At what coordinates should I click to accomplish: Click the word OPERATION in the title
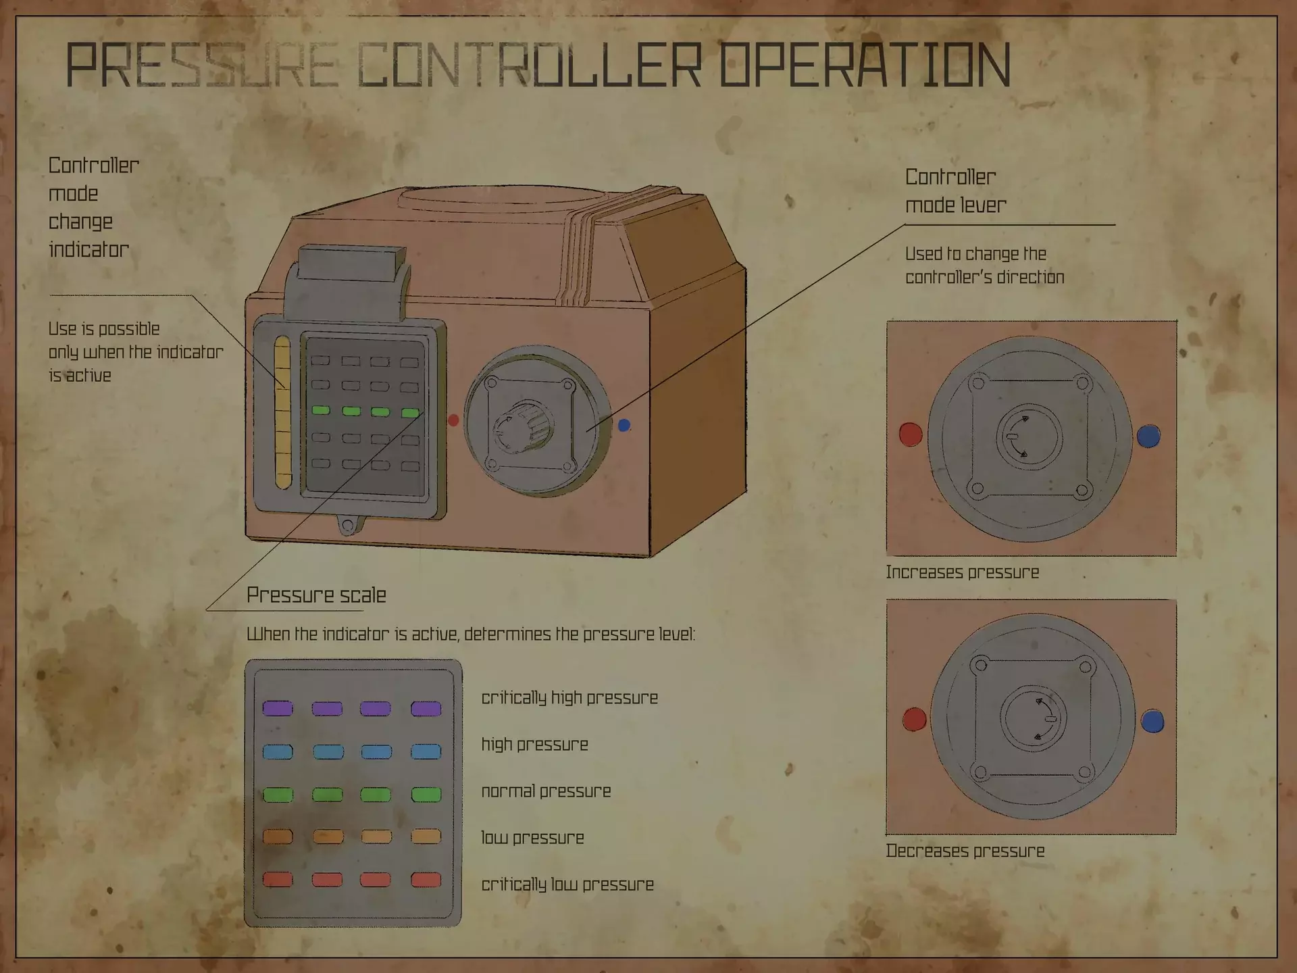[864, 65]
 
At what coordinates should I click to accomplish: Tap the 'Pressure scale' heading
[316, 595]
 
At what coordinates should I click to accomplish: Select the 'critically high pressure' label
[569, 698]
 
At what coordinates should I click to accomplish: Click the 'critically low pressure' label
[567, 884]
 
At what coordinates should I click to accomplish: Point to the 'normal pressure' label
[546, 791]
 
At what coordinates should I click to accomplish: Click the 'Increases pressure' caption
[963, 572]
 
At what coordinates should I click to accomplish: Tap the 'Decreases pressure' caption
[965, 851]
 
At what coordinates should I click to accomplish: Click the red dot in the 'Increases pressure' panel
[911, 434]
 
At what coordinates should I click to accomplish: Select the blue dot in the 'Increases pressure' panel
[1148, 436]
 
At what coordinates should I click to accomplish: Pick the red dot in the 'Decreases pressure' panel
[915, 720]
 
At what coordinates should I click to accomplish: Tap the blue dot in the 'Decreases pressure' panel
[1152, 721]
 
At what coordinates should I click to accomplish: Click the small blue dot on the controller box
[624, 425]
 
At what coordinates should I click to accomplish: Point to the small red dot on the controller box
[453, 420]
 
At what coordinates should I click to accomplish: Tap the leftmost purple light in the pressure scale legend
[278, 708]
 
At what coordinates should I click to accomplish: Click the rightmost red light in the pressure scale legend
[426, 880]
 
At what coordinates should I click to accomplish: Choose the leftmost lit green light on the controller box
[320, 410]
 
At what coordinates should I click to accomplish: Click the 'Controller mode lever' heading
[955, 191]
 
